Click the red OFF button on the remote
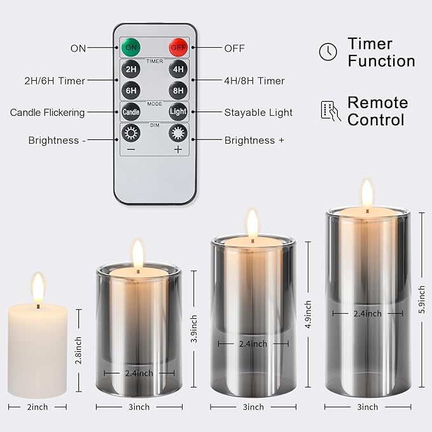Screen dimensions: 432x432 point(178,47)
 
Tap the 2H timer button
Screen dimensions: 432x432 point(131,69)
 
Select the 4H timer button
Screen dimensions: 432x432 point(178,69)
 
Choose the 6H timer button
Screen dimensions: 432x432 point(131,90)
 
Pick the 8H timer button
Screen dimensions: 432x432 point(178,90)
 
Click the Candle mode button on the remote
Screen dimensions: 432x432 point(131,112)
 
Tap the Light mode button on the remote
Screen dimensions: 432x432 point(178,112)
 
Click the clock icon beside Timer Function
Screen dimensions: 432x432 point(328,52)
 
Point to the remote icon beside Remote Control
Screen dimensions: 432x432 point(330,111)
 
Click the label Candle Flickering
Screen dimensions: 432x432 point(47,113)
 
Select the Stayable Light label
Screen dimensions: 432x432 point(258,113)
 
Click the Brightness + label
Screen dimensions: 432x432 point(254,140)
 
